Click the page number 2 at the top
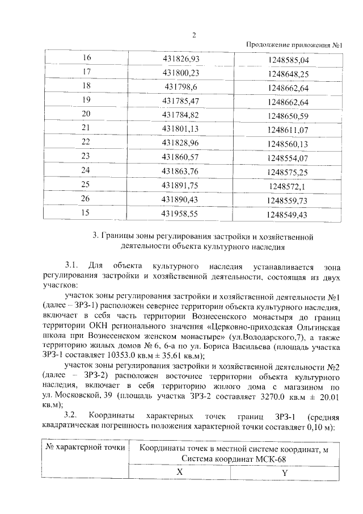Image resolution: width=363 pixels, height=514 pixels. click(x=193, y=35)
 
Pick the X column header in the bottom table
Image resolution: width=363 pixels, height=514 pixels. click(x=179, y=472)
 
